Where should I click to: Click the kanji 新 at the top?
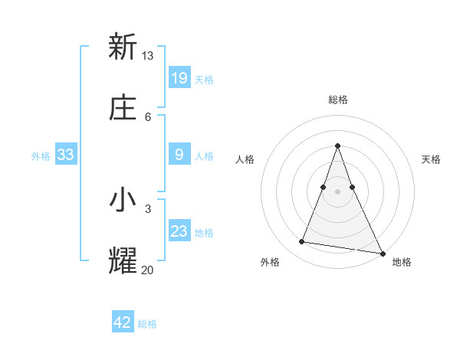point(123,47)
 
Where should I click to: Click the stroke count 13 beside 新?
point(148,55)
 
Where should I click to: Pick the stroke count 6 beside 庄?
point(148,116)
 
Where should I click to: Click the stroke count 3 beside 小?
point(148,208)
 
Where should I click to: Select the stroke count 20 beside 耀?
point(148,269)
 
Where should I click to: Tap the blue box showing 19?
point(179,78)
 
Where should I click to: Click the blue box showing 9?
point(179,155)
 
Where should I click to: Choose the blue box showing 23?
point(179,231)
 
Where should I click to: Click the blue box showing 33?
point(66,155)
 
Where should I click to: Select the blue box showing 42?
point(123,322)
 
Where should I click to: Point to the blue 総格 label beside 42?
point(147,324)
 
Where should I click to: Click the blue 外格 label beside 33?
point(41,156)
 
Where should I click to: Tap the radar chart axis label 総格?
point(337,100)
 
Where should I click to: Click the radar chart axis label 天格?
point(431,159)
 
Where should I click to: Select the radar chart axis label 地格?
point(402,262)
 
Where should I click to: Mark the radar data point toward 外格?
point(301,242)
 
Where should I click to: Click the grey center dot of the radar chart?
point(337,191)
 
